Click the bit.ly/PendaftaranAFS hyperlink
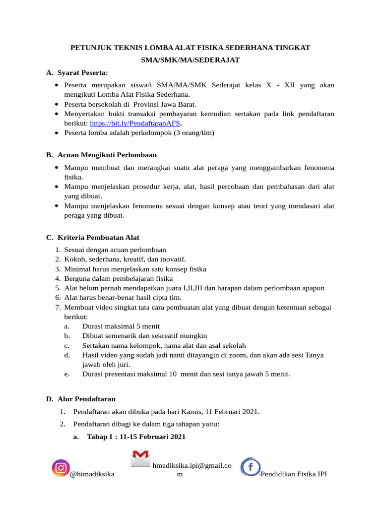coord(135,123)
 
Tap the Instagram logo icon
coord(61,467)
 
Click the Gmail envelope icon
coord(140,457)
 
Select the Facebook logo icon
coord(251,467)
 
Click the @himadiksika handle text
coord(92,474)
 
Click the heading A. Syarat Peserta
coord(77,73)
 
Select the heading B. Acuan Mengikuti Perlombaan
coord(101,155)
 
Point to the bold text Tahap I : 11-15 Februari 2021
coord(136,437)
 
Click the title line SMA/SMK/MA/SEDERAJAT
coord(190,60)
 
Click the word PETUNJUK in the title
coord(90,48)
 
